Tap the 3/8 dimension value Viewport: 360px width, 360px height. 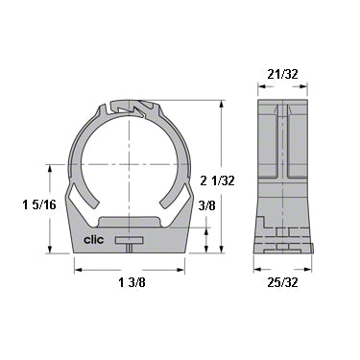click(x=205, y=204)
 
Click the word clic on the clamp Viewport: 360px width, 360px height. click(x=94, y=241)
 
